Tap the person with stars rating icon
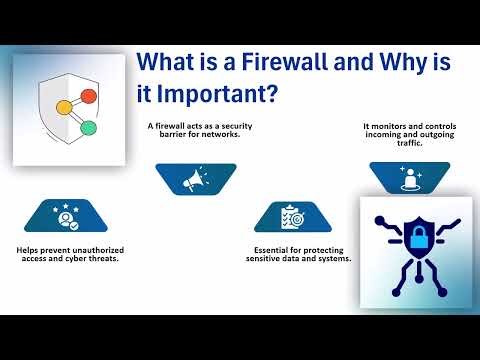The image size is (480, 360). [x=67, y=216]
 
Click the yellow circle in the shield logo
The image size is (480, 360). [x=63, y=105]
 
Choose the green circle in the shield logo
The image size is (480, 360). [x=88, y=128]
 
